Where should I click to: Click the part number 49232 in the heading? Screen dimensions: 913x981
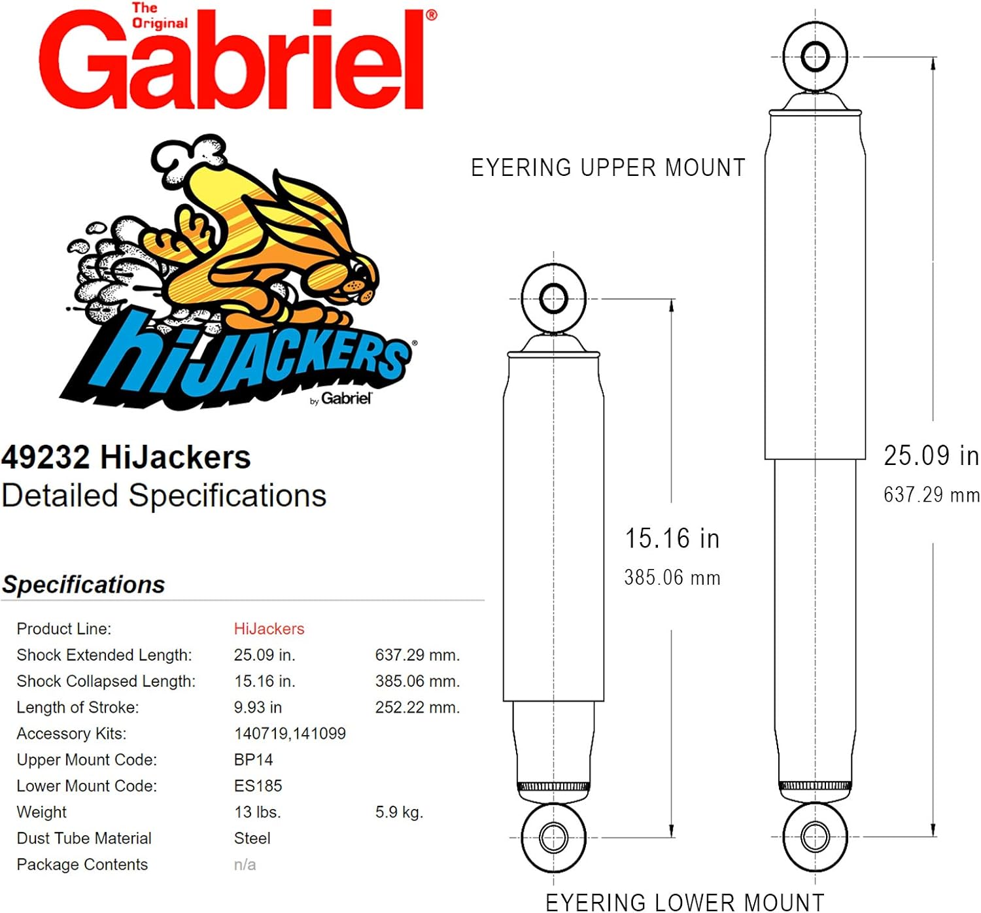point(45,457)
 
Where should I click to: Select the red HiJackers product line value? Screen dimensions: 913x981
point(269,629)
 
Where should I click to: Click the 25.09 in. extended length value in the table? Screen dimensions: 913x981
point(264,655)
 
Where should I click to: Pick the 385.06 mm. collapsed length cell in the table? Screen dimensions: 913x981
point(417,681)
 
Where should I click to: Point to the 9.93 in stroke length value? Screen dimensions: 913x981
point(258,707)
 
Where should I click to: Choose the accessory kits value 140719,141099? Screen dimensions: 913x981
point(290,733)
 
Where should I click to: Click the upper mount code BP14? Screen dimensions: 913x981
point(253,759)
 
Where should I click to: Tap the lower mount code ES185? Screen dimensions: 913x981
point(258,785)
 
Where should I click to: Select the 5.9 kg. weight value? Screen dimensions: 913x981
point(399,812)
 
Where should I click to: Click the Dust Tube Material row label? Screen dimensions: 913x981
point(84,838)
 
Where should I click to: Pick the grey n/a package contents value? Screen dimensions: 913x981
point(245,865)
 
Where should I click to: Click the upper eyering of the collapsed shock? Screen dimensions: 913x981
point(553,298)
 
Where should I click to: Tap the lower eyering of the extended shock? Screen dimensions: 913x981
point(815,836)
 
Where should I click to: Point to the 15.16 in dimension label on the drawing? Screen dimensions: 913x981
point(672,538)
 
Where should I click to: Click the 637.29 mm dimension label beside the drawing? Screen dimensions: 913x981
point(931,494)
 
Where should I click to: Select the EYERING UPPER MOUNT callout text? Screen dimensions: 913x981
point(608,167)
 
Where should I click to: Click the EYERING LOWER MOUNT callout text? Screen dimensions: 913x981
point(684,901)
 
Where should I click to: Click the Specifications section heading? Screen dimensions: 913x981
point(84,584)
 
